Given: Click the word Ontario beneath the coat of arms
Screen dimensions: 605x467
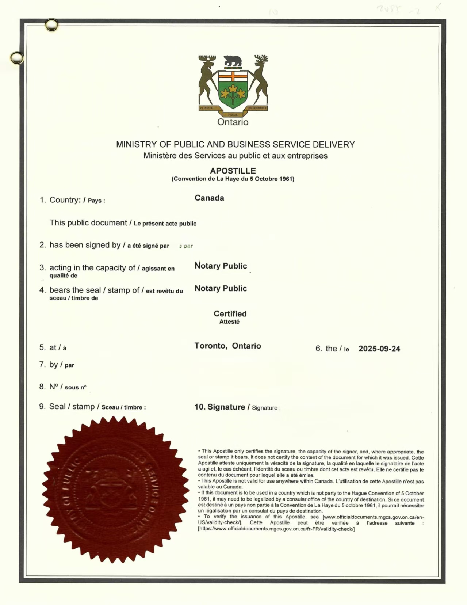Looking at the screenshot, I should [233, 122].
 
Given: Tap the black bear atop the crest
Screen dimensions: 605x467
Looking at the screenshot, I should [233, 61].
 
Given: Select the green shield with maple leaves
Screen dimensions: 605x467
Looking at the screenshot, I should [233, 89].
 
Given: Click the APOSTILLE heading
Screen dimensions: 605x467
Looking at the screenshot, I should [233, 171].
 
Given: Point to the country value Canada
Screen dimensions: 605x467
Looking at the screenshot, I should [209, 198].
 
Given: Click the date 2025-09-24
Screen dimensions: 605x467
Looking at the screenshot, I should [379, 349].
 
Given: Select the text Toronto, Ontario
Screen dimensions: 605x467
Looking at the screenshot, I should [227, 346].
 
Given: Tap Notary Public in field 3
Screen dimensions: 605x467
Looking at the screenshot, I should [221, 266].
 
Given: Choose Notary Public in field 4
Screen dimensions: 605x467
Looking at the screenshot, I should [221, 289].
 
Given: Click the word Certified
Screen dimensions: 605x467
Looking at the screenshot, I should [230, 313].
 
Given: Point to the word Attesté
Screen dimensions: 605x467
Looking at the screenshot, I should [229, 322].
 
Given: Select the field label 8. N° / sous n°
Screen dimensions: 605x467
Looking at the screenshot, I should [63, 387].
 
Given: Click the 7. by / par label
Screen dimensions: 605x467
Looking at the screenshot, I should [57, 365].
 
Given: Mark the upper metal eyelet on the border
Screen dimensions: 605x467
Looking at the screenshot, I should [51, 25].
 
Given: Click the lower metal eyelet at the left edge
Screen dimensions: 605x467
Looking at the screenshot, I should [17, 58].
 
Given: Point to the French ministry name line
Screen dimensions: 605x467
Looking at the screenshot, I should [235, 156].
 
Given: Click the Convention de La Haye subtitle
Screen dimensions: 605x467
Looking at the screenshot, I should [233, 179].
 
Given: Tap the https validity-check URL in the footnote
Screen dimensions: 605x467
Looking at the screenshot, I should [276, 529].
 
